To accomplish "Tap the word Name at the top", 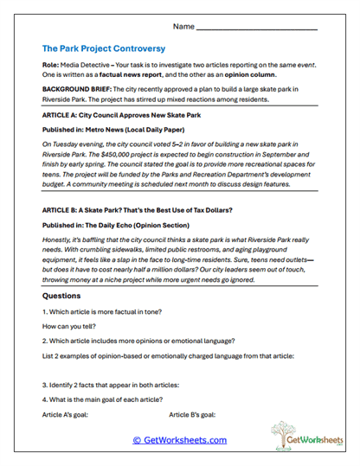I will pos(183,27).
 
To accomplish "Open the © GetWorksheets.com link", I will pos(179,440).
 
